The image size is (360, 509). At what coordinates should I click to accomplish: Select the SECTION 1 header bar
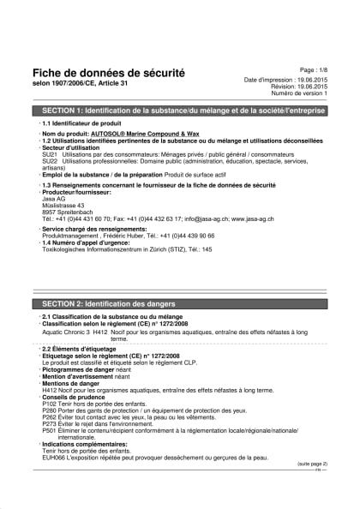click(x=179, y=111)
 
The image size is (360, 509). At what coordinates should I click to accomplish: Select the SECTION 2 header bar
click(x=179, y=304)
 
